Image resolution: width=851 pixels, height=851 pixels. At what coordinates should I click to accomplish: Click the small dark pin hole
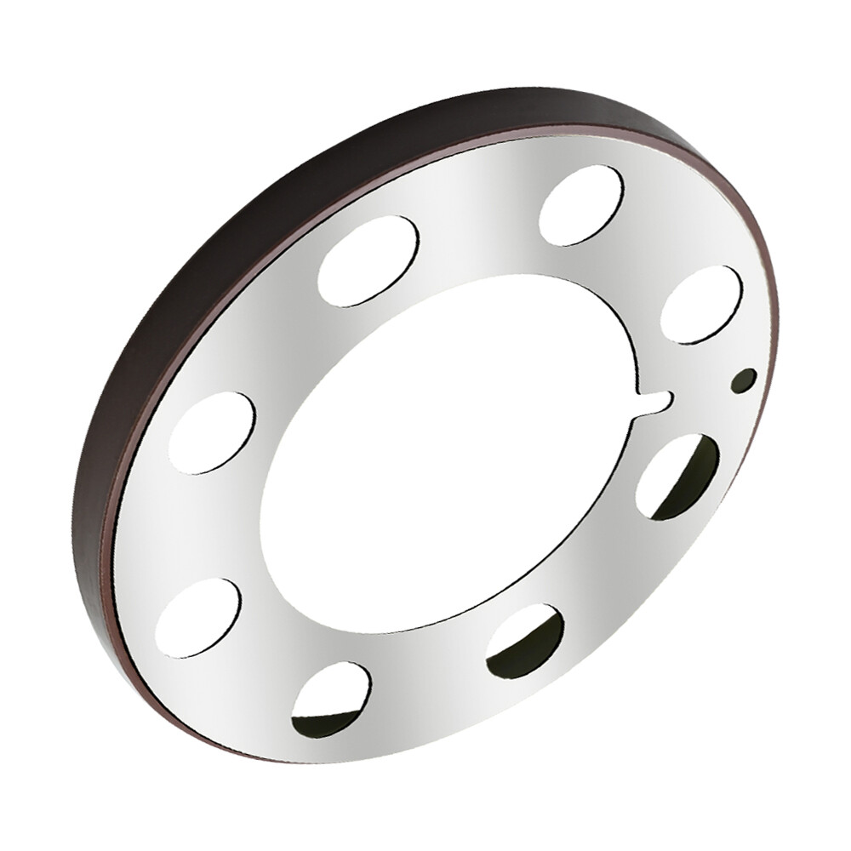[746, 380]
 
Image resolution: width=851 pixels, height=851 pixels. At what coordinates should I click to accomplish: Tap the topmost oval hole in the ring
[581, 205]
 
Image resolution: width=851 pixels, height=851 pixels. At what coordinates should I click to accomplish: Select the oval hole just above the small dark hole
[701, 304]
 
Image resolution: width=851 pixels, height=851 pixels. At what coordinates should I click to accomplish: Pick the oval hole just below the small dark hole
[677, 476]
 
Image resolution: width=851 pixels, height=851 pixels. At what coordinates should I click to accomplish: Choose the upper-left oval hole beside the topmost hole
[368, 260]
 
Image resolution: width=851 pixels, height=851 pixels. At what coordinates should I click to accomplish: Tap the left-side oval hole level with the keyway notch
[212, 432]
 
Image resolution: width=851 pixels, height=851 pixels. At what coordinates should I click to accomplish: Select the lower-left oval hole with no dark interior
[198, 617]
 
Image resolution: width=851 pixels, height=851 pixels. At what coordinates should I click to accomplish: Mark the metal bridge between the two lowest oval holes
[425, 681]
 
